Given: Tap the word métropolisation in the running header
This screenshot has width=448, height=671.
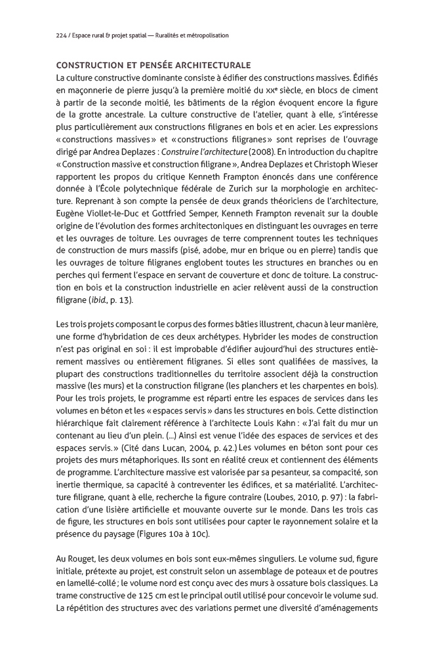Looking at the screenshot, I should (x=207, y=35).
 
